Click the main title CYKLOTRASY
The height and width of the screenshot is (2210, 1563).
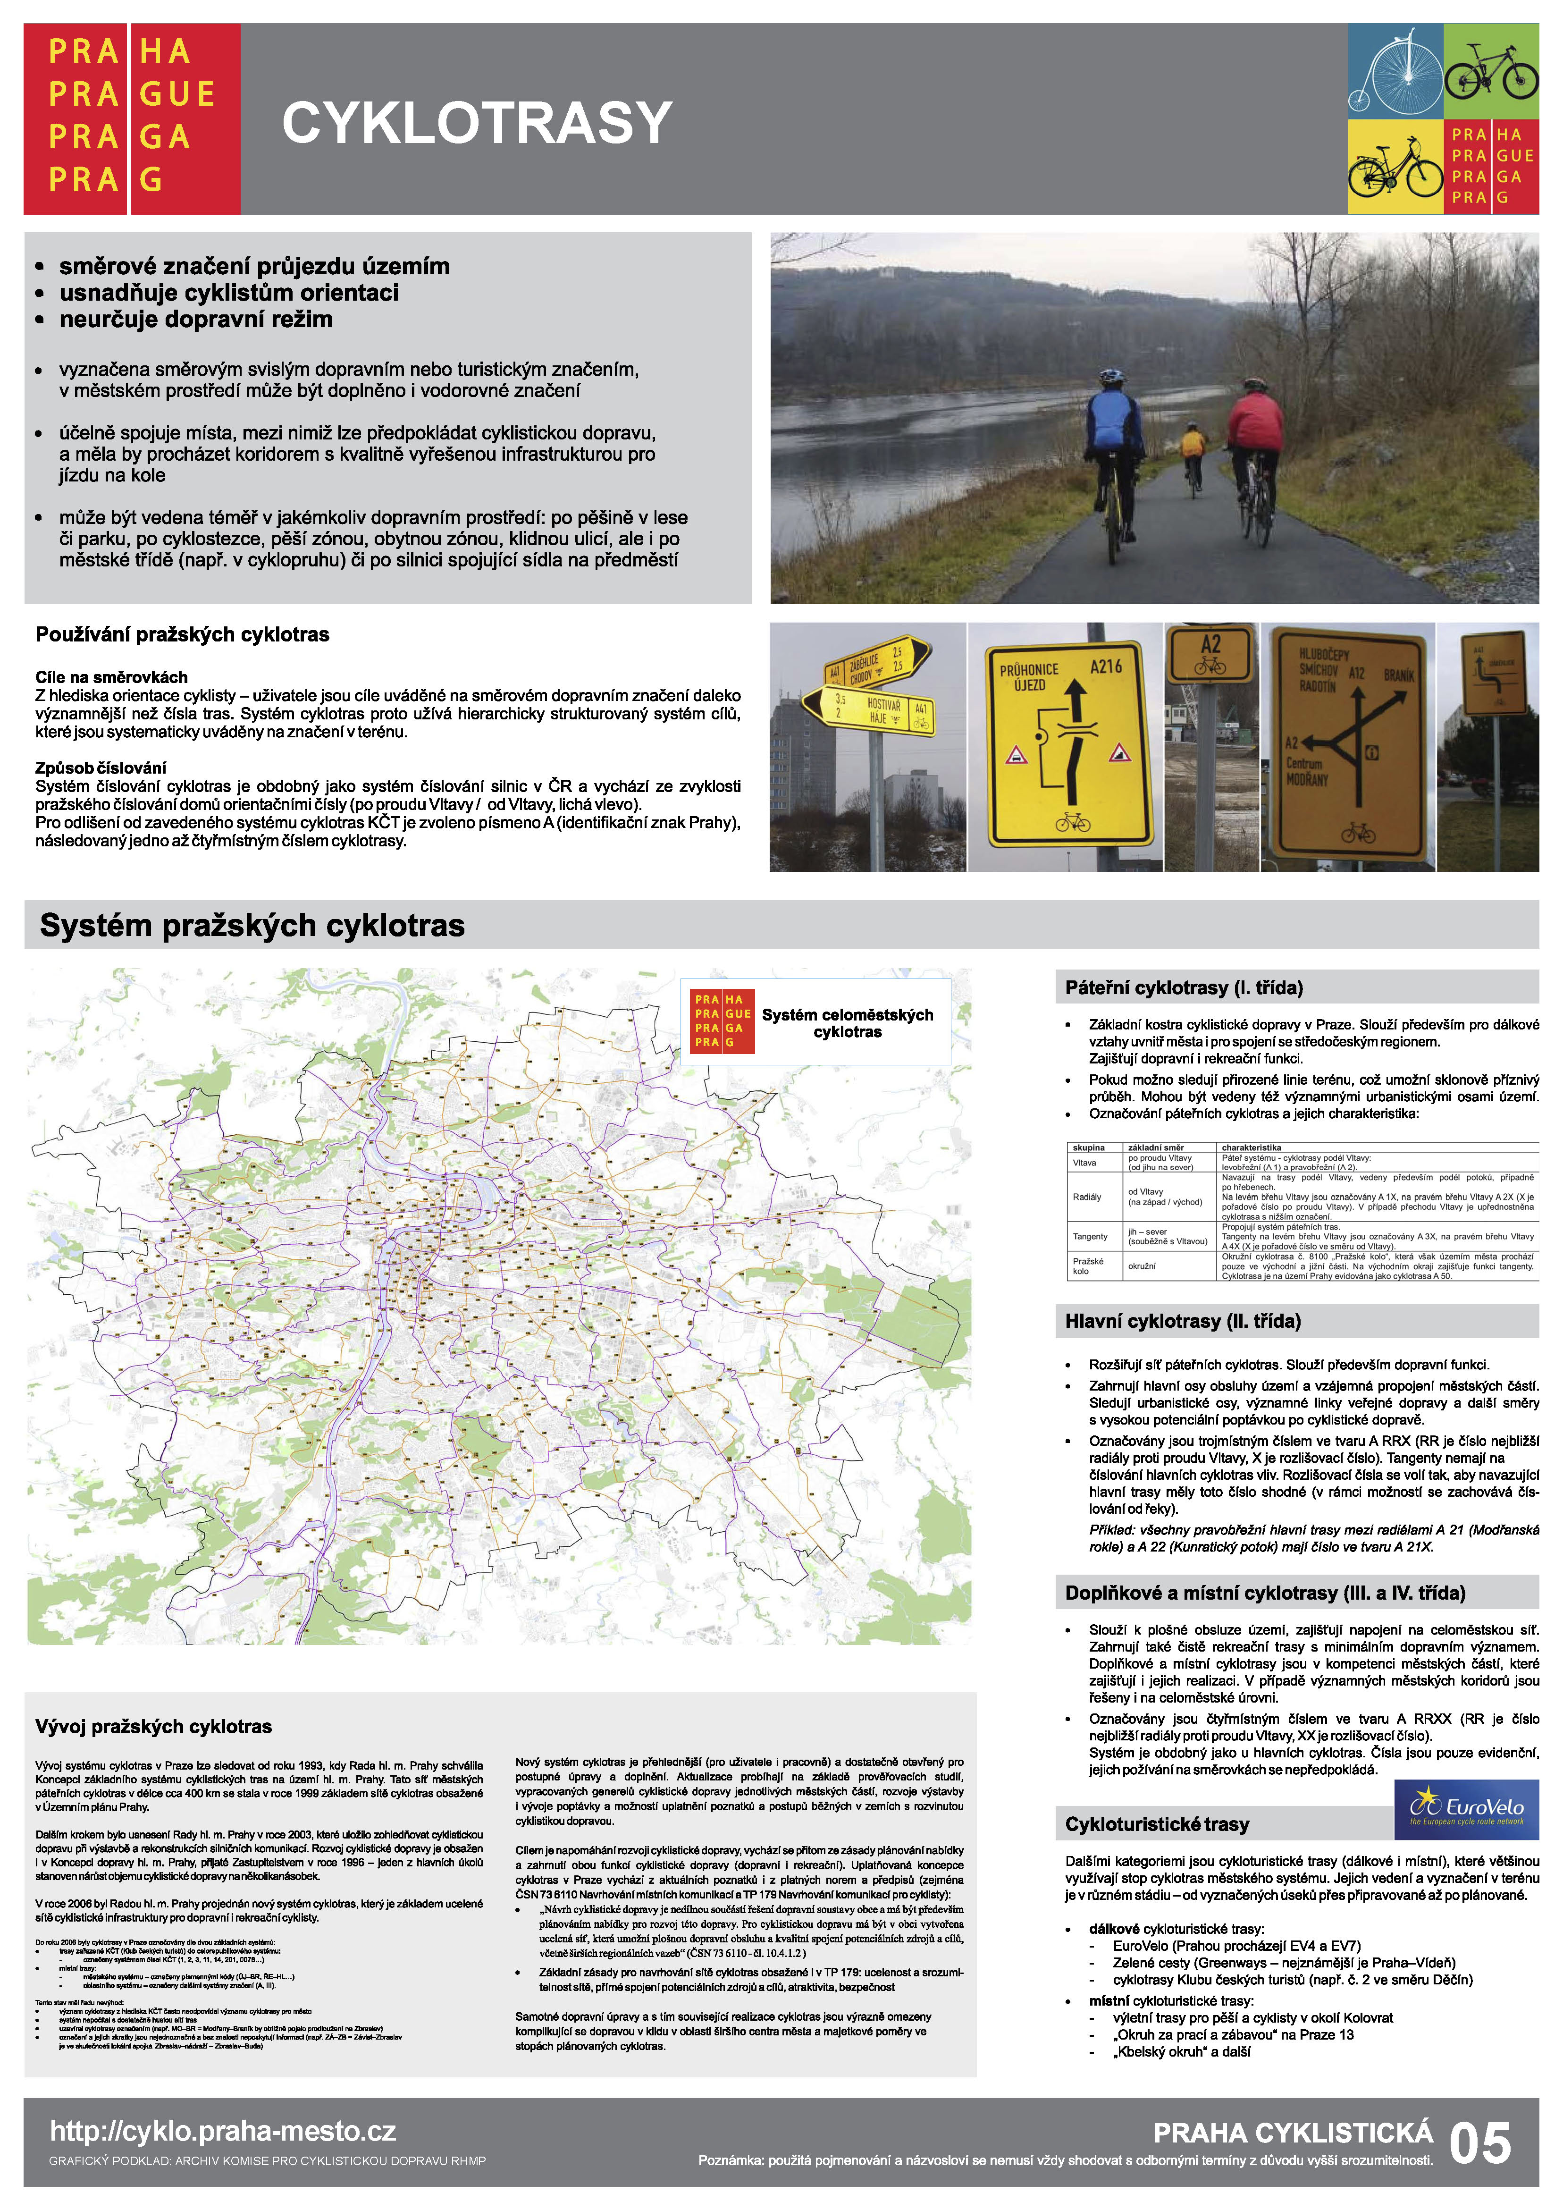(x=477, y=123)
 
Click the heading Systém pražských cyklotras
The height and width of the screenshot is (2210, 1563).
(x=252, y=925)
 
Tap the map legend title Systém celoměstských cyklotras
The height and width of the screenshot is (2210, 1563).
(x=847, y=1023)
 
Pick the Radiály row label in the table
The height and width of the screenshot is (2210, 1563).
(x=1086, y=1197)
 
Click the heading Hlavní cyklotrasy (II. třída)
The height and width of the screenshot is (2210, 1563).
(x=1183, y=1322)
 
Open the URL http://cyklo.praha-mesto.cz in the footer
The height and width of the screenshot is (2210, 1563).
(x=223, y=2132)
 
